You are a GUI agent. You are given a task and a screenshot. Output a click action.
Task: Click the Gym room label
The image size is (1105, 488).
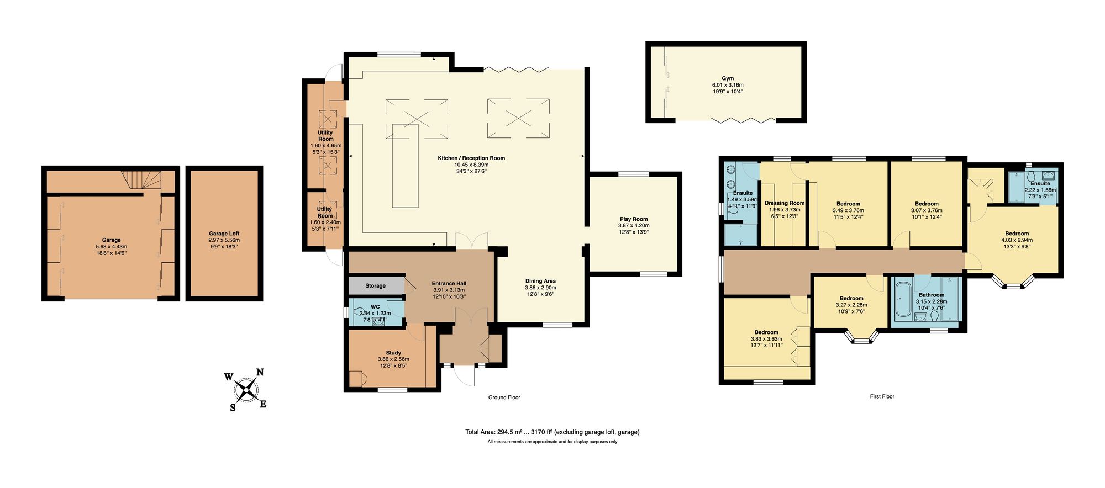[728, 78]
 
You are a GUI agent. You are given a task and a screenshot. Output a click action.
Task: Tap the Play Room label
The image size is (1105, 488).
[634, 219]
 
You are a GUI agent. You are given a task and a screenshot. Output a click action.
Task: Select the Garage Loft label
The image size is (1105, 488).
[224, 234]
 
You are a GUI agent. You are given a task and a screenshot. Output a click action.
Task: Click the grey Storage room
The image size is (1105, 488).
[376, 285]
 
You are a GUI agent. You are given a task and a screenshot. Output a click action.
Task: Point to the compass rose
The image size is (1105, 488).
[246, 390]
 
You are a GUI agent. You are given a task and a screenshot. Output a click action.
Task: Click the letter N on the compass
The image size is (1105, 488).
[260, 373]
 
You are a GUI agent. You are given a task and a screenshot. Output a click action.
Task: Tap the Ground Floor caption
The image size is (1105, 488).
[504, 397]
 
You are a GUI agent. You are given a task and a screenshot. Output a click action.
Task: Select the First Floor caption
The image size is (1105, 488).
[882, 396]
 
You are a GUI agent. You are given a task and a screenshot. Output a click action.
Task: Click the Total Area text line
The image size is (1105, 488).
[552, 432]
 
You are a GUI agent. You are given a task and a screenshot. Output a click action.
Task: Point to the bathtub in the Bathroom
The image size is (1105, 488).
[903, 300]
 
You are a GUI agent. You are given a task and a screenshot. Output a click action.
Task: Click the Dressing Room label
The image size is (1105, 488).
[785, 203]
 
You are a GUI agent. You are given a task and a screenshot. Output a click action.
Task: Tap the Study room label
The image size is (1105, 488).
[393, 353]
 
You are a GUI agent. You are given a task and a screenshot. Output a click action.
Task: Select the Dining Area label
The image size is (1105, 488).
[540, 281]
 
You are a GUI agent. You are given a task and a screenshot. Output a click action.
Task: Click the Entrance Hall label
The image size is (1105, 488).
[449, 284]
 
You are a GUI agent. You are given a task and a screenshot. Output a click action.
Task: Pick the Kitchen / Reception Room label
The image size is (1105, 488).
[471, 158]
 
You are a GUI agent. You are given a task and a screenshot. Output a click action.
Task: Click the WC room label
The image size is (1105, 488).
[375, 307]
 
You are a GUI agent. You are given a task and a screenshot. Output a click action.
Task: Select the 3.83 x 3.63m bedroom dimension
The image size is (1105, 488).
[766, 339]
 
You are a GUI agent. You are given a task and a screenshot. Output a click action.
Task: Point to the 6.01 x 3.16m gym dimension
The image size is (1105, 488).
[728, 85]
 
